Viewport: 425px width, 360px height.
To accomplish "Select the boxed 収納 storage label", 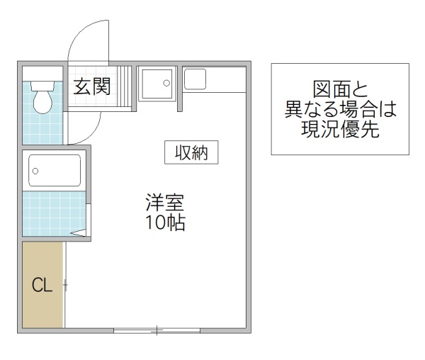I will tap(191, 152).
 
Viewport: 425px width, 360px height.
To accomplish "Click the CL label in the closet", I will tap(42, 286).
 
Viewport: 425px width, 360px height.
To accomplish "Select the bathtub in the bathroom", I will tap(54, 171).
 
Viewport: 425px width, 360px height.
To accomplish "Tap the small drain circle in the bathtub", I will tap(35, 171).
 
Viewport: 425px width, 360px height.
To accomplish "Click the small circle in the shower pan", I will tap(167, 83).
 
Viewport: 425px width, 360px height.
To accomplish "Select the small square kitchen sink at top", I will tap(194, 78).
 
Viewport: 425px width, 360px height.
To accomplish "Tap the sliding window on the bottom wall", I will tap(157, 330).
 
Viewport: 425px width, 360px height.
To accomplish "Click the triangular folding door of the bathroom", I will tap(80, 231).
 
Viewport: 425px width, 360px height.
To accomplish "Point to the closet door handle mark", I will tap(64, 286).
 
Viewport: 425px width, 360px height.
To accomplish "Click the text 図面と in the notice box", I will tap(340, 90).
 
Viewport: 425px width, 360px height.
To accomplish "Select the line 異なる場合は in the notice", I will tap(340, 110).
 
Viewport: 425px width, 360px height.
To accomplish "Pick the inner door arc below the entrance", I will tap(79, 128).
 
